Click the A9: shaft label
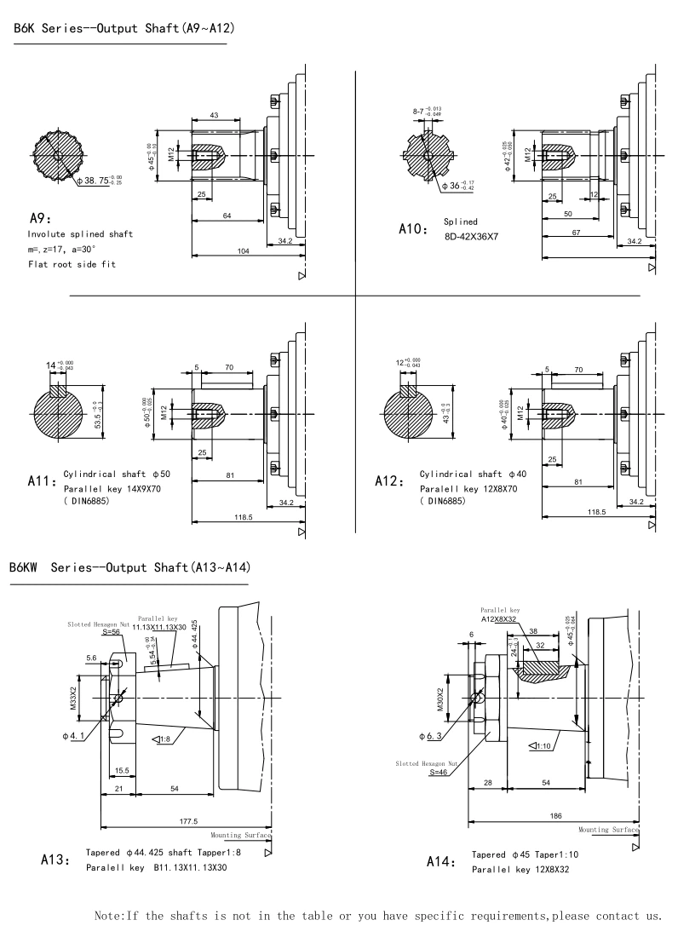coord(41,216)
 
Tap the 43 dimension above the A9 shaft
coord(213,115)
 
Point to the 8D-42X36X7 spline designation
coord(471,236)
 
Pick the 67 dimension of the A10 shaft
coord(577,232)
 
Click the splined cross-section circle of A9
coord(56,156)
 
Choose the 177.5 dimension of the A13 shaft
coord(185,821)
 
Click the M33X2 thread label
coord(73,699)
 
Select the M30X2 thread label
coord(441,699)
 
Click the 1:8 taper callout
coord(162,739)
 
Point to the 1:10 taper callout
coord(538,746)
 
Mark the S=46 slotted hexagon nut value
coord(439,773)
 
